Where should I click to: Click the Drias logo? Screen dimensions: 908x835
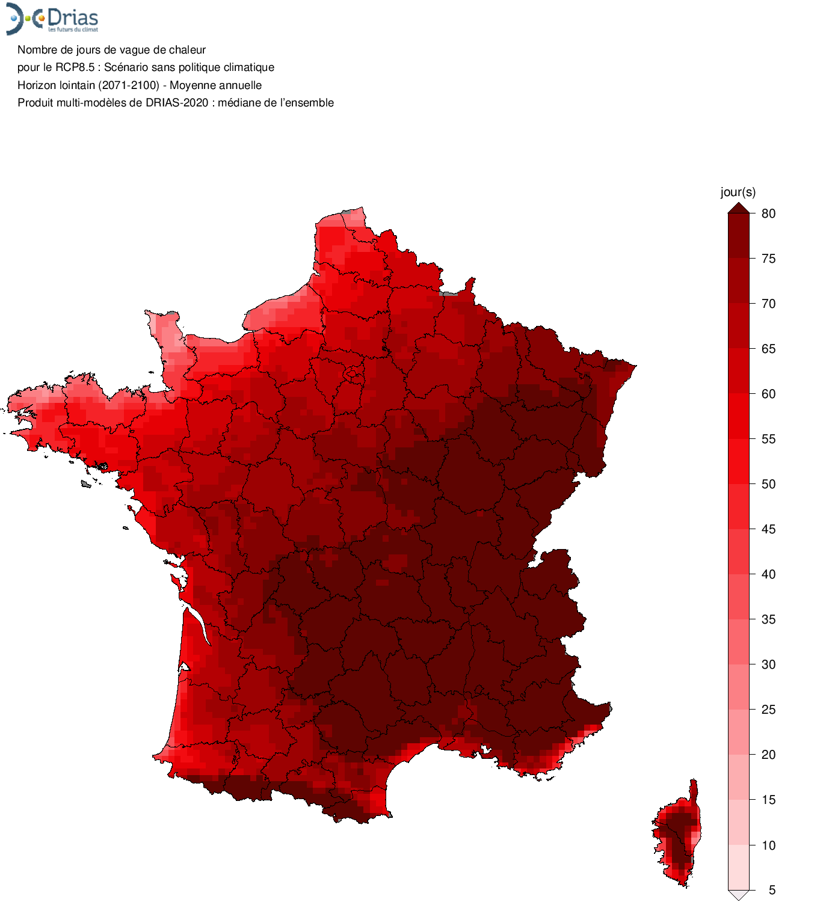(52, 19)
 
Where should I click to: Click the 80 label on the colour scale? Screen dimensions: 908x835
(768, 213)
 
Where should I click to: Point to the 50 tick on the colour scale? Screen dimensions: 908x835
(768, 484)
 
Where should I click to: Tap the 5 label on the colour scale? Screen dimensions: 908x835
(772, 890)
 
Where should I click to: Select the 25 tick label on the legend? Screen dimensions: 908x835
(768, 710)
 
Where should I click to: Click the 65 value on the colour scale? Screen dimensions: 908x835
(768, 349)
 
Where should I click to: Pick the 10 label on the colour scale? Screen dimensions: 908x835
(768, 845)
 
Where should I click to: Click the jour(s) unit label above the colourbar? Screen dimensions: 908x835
(738, 192)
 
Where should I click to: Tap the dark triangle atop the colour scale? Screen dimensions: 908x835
(738, 208)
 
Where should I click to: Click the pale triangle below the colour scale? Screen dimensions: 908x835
(738, 895)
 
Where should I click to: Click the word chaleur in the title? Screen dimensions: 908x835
(186, 50)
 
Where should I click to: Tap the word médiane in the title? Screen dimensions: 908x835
(239, 103)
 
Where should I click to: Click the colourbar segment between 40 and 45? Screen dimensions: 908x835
(738, 551)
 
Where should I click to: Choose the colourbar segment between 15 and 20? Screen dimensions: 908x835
(738, 777)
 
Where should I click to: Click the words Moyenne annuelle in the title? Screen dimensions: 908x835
(215, 85)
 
